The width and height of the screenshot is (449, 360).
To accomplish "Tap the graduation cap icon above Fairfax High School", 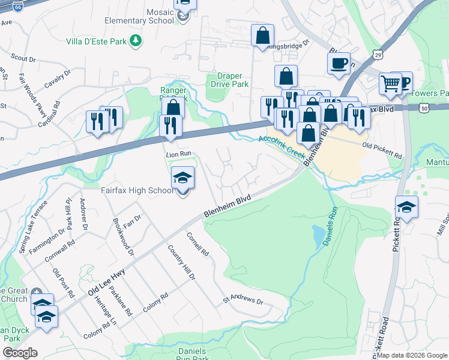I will (x=182, y=178).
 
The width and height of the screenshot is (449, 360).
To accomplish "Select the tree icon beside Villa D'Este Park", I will (x=137, y=40).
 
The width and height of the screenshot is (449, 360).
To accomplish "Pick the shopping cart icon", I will (x=390, y=84).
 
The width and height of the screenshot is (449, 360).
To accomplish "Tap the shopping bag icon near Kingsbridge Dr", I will (x=262, y=35).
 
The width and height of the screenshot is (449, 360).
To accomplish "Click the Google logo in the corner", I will (x=19, y=352).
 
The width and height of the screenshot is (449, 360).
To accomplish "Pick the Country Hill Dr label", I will (x=181, y=262).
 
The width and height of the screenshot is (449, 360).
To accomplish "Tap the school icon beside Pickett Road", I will (x=406, y=208).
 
